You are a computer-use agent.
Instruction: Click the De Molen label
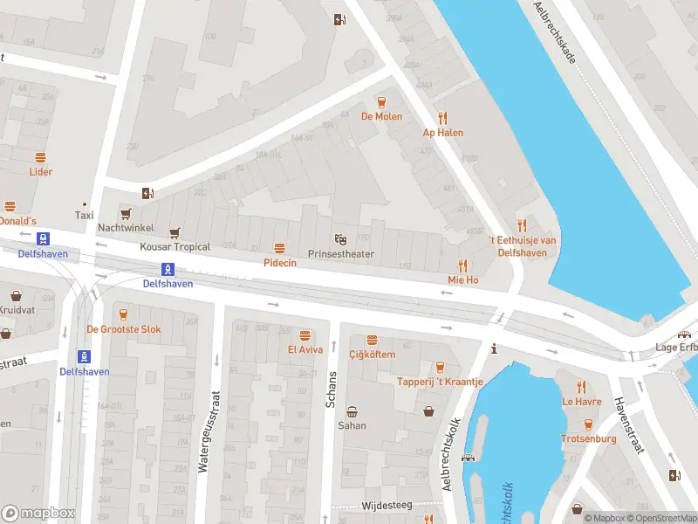tap(380, 115)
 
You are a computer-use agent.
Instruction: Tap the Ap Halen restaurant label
tap(442, 133)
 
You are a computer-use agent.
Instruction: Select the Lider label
tap(40, 172)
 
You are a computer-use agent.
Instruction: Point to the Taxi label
tap(84, 215)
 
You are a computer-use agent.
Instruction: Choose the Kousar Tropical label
tap(174, 247)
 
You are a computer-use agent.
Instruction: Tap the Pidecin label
tap(279, 262)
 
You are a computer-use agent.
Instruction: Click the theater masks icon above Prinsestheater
tap(340, 238)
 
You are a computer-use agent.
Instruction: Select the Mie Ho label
tap(462, 280)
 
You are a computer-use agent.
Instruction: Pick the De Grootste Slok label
tap(123, 329)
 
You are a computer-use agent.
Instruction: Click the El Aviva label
tap(305, 350)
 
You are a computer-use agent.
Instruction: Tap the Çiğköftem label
tap(372, 355)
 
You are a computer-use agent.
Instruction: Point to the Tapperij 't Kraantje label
tap(440, 382)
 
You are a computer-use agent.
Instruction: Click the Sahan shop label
tap(352, 425)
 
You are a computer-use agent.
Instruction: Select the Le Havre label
tap(581, 402)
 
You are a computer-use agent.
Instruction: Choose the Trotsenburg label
tap(588, 438)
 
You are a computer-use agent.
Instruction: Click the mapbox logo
tap(38, 514)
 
